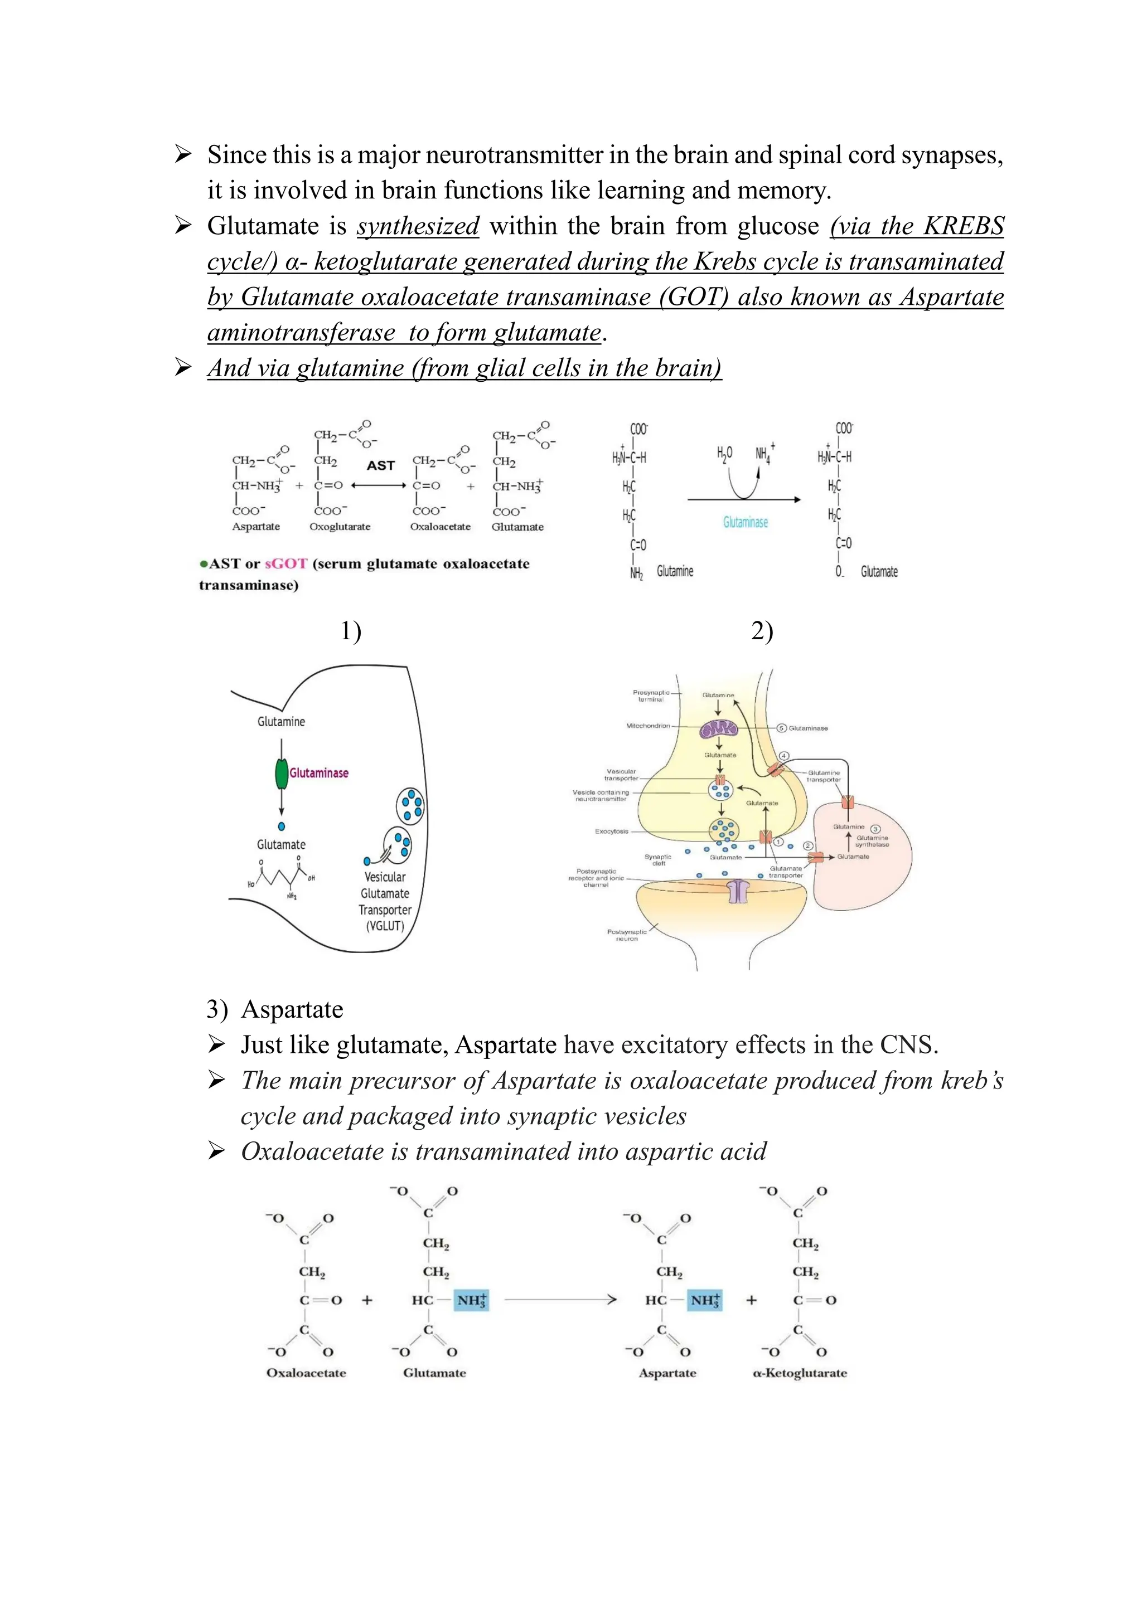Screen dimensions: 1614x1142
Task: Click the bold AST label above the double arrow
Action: (380, 465)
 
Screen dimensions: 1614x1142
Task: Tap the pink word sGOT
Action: (285, 564)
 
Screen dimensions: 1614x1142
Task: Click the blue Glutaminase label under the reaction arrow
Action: (746, 522)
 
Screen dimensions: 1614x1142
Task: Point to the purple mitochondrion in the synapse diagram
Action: (719, 731)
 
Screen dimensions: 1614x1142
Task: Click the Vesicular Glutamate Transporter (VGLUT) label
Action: (385, 901)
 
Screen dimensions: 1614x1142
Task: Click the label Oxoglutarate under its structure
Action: (340, 527)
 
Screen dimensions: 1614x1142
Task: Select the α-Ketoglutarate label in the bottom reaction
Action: (800, 1373)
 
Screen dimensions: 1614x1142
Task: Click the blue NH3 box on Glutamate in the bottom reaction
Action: (471, 1300)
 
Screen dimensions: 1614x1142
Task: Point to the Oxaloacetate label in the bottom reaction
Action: (306, 1373)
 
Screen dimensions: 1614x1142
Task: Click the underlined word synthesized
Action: (418, 226)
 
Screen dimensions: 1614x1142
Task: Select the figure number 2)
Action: (762, 631)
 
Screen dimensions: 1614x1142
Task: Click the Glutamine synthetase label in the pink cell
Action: (872, 841)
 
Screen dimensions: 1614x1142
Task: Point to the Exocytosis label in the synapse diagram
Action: (611, 831)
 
